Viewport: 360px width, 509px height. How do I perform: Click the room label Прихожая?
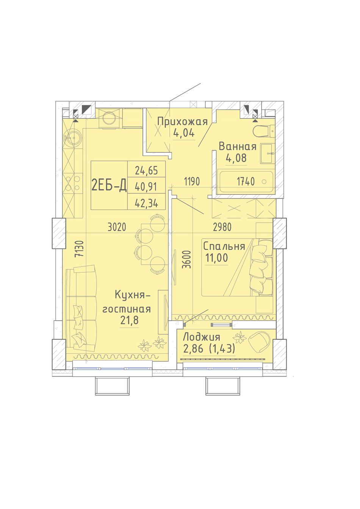click(183, 122)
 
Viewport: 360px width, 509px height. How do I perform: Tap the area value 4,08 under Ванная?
click(236, 158)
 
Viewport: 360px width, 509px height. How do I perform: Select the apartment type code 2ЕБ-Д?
click(109, 185)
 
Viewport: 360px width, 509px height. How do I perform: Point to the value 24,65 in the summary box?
click(146, 170)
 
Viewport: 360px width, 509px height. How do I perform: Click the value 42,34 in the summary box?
click(146, 203)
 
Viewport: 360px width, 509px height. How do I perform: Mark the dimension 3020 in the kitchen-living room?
click(117, 227)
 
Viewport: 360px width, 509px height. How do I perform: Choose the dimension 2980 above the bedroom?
click(222, 227)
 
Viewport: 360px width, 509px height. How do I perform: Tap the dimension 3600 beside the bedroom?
click(187, 259)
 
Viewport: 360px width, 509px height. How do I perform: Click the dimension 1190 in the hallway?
click(192, 182)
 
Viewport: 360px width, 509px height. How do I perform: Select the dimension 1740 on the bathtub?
click(246, 182)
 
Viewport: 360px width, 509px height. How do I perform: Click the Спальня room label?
click(224, 247)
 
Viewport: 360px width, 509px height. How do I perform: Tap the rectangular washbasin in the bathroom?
click(268, 153)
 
